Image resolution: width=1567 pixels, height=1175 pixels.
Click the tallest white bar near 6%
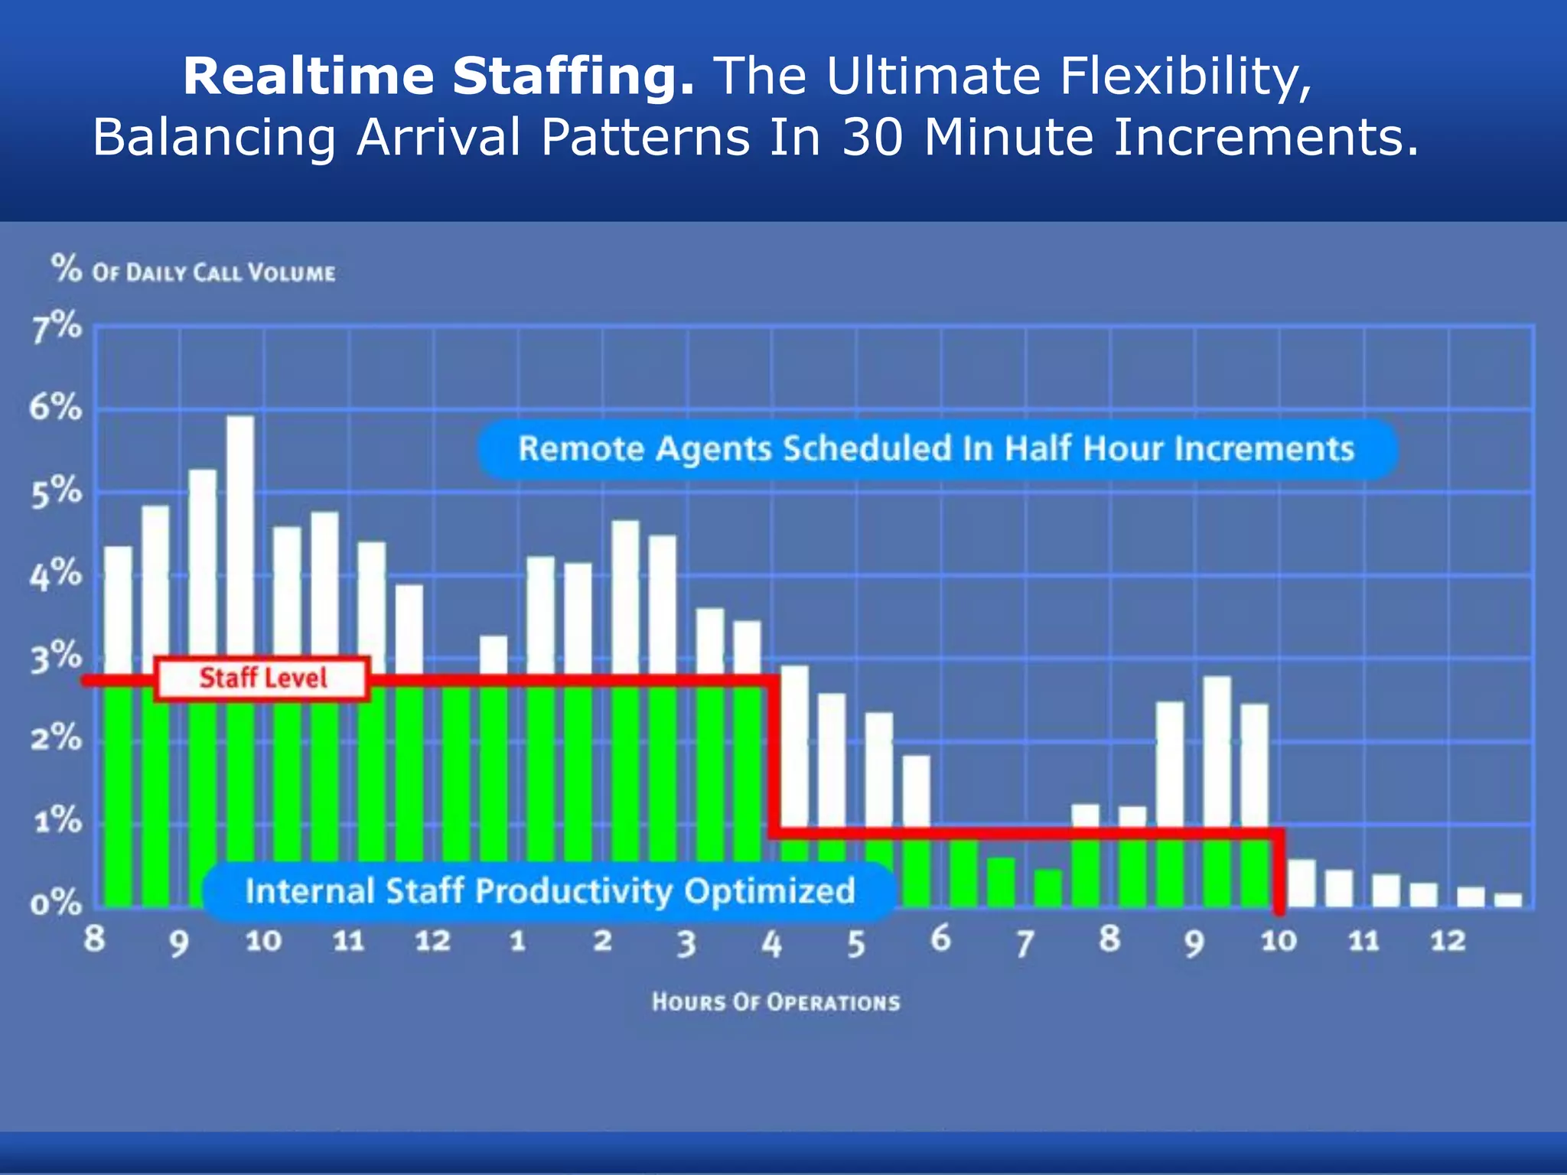[240, 535]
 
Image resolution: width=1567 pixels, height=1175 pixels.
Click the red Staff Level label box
[262, 679]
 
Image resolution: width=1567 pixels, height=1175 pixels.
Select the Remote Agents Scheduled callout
[937, 449]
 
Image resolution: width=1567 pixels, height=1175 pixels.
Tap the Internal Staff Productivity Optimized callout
[549, 891]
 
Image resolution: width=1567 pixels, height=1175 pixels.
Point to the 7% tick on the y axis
[56, 327]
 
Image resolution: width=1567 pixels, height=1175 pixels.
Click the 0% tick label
[56, 904]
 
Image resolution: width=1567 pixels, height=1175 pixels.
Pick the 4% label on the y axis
[56, 574]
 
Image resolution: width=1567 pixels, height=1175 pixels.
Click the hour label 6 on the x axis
[940, 939]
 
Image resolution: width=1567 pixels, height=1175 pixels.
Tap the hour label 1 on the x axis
[518, 940]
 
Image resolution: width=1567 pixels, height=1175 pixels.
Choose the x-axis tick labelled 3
[686, 943]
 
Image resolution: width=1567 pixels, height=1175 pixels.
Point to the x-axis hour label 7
[1025, 943]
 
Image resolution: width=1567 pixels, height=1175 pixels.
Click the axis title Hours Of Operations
[776, 1002]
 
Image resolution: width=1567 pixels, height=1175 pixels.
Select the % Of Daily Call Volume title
[194, 271]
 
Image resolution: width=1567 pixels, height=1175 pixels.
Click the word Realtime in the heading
[308, 76]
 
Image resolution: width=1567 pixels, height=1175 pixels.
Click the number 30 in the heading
[872, 138]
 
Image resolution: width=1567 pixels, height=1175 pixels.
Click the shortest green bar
[1047, 888]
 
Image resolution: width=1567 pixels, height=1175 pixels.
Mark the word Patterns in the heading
[645, 138]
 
